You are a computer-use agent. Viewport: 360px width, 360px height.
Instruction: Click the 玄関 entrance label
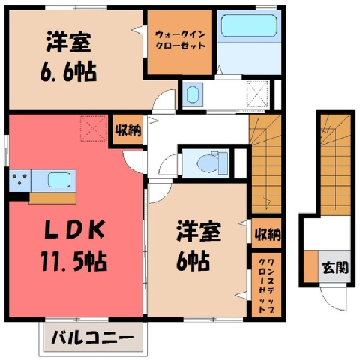[335, 267]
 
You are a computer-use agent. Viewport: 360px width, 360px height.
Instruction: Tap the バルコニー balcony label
[92, 337]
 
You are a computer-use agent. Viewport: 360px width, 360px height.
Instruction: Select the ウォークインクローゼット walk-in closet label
[180, 40]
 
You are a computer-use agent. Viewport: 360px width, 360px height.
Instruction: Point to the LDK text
[74, 230]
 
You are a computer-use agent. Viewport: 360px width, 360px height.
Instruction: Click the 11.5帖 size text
[74, 261]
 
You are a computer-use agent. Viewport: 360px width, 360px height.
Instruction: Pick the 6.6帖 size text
[68, 72]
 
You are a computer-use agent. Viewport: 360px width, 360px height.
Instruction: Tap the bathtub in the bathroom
[249, 25]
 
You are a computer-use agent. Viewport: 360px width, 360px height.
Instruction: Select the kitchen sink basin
[58, 180]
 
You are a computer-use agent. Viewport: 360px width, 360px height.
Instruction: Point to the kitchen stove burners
[20, 180]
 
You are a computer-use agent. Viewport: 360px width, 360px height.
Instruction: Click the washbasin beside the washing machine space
[192, 94]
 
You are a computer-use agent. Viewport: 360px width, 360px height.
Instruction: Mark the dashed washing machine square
[258, 94]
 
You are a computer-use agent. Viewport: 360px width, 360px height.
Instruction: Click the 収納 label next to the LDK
[128, 130]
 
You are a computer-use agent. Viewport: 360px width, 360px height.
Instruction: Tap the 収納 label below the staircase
[267, 234]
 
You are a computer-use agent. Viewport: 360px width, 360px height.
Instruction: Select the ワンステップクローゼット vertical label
[266, 286]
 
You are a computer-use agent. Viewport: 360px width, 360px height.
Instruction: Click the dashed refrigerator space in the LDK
[93, 128]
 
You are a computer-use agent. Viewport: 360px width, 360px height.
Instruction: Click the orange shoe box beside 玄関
[310, 265]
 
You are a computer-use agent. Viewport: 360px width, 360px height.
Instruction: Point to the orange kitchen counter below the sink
[52, 198]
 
